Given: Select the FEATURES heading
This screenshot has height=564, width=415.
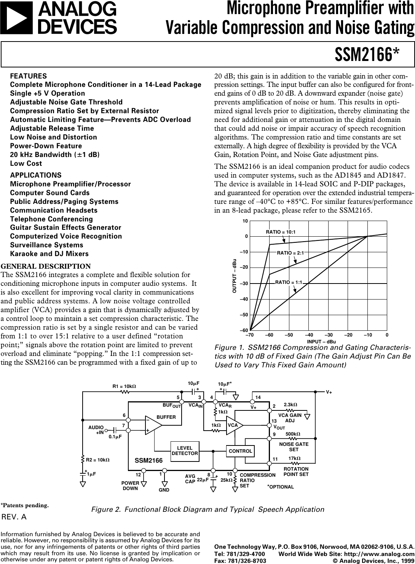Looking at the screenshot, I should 29,76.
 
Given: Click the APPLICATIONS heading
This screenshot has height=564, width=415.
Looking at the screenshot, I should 36,175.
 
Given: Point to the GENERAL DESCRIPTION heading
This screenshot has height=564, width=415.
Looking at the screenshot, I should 46,266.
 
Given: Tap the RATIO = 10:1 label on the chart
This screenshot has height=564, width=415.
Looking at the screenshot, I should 281,232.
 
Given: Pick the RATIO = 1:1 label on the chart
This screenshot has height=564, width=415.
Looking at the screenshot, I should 289,282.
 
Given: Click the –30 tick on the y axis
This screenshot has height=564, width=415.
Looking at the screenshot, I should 244,284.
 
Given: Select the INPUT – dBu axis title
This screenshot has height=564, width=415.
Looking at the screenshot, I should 321,341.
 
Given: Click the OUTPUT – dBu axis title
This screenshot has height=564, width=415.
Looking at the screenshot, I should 235,276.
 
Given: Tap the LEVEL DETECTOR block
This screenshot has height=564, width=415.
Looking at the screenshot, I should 185,450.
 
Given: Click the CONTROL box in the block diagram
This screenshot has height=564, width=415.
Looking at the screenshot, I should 241,451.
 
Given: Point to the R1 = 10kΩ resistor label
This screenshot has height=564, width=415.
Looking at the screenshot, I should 124,386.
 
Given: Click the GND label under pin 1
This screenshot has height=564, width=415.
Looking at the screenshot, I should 164,489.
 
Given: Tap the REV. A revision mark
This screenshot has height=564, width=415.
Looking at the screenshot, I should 14,517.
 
